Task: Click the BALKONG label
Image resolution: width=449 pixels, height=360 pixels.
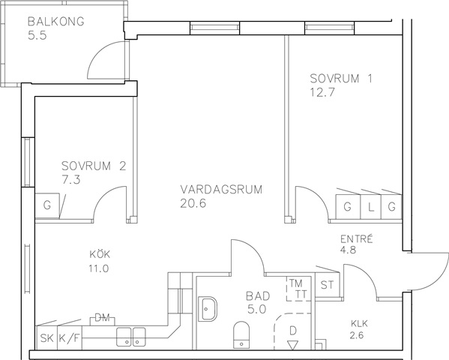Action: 56,22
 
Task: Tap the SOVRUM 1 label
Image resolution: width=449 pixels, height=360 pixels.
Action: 341,79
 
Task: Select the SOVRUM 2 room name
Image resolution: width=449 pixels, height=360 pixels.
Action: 94,166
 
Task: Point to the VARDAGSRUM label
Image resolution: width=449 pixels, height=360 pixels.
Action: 221,190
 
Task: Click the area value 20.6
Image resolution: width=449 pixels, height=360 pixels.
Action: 193,203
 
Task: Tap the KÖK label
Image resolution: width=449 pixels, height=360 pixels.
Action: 100,253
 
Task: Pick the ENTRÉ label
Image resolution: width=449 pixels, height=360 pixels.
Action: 357,239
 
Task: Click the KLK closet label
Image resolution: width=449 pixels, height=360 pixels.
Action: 359,324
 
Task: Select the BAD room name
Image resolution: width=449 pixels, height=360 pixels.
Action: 258,296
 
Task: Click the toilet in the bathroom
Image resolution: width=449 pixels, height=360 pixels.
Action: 241,334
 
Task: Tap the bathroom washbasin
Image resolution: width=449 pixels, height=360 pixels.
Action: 208,309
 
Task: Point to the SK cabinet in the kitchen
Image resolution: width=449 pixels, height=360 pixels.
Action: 47,338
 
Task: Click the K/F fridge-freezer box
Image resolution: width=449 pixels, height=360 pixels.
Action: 70,338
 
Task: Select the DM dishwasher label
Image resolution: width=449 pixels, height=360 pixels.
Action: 103,317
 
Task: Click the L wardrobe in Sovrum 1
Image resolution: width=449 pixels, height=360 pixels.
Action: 370,207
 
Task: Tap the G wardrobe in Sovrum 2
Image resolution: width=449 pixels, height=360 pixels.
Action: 47,206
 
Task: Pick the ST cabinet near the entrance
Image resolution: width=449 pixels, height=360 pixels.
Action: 327,285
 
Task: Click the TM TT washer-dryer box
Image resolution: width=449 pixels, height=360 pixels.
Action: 298,289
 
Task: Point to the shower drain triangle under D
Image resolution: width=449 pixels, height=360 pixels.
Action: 292,345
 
